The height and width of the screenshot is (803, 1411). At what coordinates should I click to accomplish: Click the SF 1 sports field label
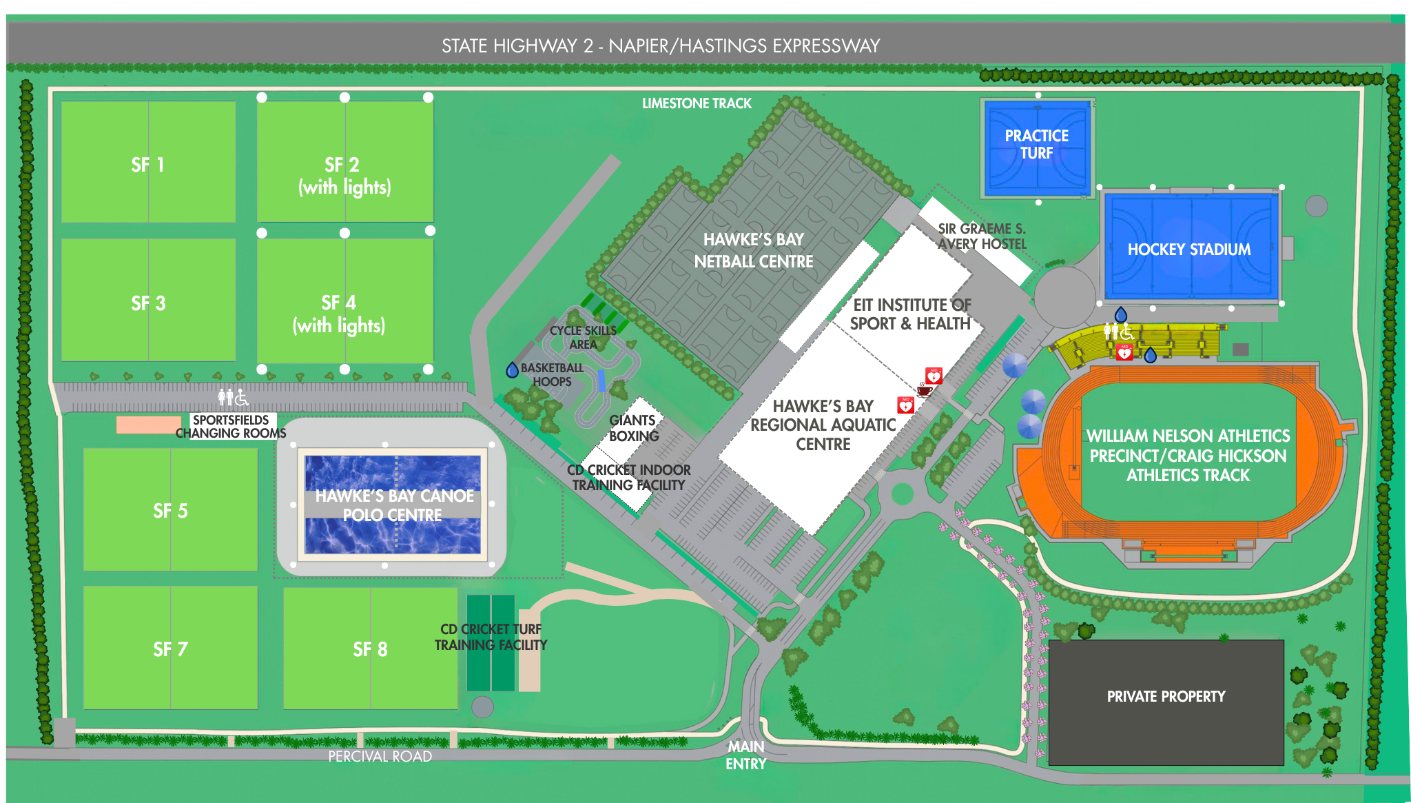pos(147,165)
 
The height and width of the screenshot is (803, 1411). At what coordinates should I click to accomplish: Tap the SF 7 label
pos(170,649)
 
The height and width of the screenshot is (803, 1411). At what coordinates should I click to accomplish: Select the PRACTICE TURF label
pos(1036,144)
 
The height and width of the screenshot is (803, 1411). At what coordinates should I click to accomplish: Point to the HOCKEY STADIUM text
pos(1188,250)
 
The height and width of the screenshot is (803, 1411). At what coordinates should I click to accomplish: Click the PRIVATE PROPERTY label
pos(1166,696)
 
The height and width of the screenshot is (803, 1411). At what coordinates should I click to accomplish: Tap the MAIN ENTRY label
pos(745,755)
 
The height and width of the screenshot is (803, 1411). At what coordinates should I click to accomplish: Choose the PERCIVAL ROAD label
pos(380,756)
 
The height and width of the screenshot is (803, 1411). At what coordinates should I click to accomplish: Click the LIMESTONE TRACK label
pos(697,103)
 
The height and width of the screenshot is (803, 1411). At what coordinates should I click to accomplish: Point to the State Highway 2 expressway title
pos(661,45)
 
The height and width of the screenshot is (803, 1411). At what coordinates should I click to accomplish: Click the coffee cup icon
pos(925,389)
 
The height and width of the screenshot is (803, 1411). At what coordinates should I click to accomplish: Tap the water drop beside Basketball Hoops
pos(512,370)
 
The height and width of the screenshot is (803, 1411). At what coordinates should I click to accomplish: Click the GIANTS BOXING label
pos(633,428)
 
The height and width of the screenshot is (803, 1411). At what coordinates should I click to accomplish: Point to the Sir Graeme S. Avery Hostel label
pos(982,236)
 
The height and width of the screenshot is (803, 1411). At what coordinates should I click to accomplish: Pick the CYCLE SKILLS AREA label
pos(583,337)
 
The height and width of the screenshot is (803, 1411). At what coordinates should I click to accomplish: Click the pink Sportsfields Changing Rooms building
pos(147,425)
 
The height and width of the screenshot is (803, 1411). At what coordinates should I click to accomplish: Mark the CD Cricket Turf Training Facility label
pos(491,637)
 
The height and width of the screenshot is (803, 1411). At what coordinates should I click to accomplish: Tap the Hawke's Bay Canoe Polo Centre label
pos(393,505)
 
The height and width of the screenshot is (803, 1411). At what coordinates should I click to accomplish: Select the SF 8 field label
pos(370,649)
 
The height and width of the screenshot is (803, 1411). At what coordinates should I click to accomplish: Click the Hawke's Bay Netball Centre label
pos(753,250)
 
